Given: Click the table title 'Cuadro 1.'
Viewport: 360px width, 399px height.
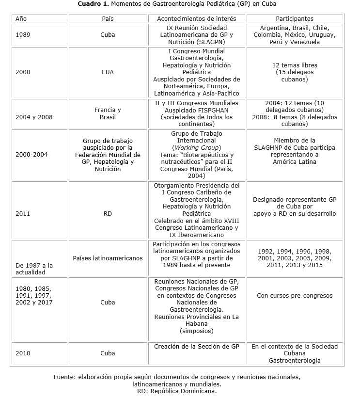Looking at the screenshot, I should [93, 4].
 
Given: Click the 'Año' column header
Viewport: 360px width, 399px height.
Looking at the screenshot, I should [21, 18].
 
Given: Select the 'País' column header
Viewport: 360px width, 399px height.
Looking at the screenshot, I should [108, 18].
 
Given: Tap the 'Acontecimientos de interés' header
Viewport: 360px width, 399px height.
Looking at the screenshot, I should [196, 18].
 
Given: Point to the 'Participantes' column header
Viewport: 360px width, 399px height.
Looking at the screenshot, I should [294, 18].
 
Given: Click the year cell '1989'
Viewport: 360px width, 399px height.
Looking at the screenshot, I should [23, 35].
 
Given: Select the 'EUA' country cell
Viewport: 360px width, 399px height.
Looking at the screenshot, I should [108, 72].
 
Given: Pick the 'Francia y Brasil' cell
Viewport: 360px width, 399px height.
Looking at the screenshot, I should [108, 113].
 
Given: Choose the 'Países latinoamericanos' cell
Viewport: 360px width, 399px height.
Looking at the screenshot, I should [108, 258].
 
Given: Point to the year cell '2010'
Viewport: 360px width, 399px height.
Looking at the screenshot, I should [23, 353].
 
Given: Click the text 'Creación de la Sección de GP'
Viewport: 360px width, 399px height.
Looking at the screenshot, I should [196, 346].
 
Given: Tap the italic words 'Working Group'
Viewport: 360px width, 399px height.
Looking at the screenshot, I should [196, 147].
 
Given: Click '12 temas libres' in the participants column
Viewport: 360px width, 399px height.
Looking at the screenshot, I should [294, 65].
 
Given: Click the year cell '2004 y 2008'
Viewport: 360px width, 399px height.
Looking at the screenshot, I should [34, 117].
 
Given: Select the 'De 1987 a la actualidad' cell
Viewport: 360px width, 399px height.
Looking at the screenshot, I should [34, 269].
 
